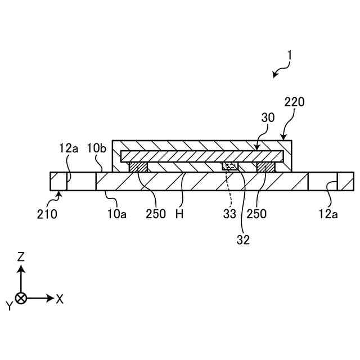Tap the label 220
[x=294, y=102]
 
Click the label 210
[x=48, y=214]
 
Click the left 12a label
[x=68, y=149]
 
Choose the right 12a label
[x=328, y=214]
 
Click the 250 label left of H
[x=155, y=214]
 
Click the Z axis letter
[x=21, y=257]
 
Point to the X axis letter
[x=60, y=299]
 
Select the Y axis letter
[x=9, y=305]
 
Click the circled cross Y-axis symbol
[x=21, y=298]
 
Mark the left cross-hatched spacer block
[x=138, y=167]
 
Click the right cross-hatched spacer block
[x=265, y=167]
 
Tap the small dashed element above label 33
[x=230, y=166]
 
